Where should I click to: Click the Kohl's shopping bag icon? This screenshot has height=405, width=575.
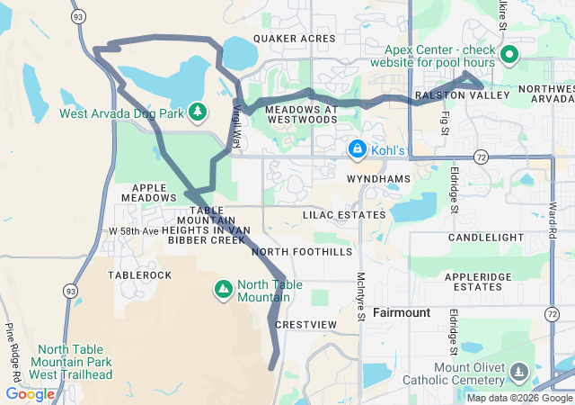(357, 148)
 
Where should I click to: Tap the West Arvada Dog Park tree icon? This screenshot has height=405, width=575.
(199, 112)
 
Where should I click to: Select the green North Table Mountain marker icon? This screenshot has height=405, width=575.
(222, 289)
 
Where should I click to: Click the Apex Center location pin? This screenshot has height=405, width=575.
(509, 56)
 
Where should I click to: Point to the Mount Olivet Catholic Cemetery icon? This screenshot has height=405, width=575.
(518, 372)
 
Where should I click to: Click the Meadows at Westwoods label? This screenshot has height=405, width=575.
(302, 113)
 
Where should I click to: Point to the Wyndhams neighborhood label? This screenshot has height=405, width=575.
(378, 179)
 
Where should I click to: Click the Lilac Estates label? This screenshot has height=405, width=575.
(344, 215)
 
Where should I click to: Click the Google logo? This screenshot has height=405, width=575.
(30, 394)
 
